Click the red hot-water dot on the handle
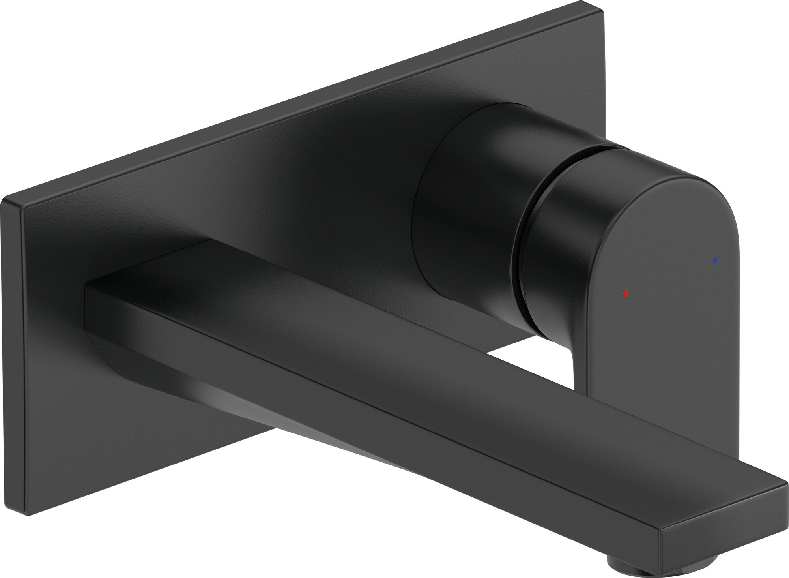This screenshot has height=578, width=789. [625, 293]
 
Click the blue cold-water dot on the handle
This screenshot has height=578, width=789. [715, 261]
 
